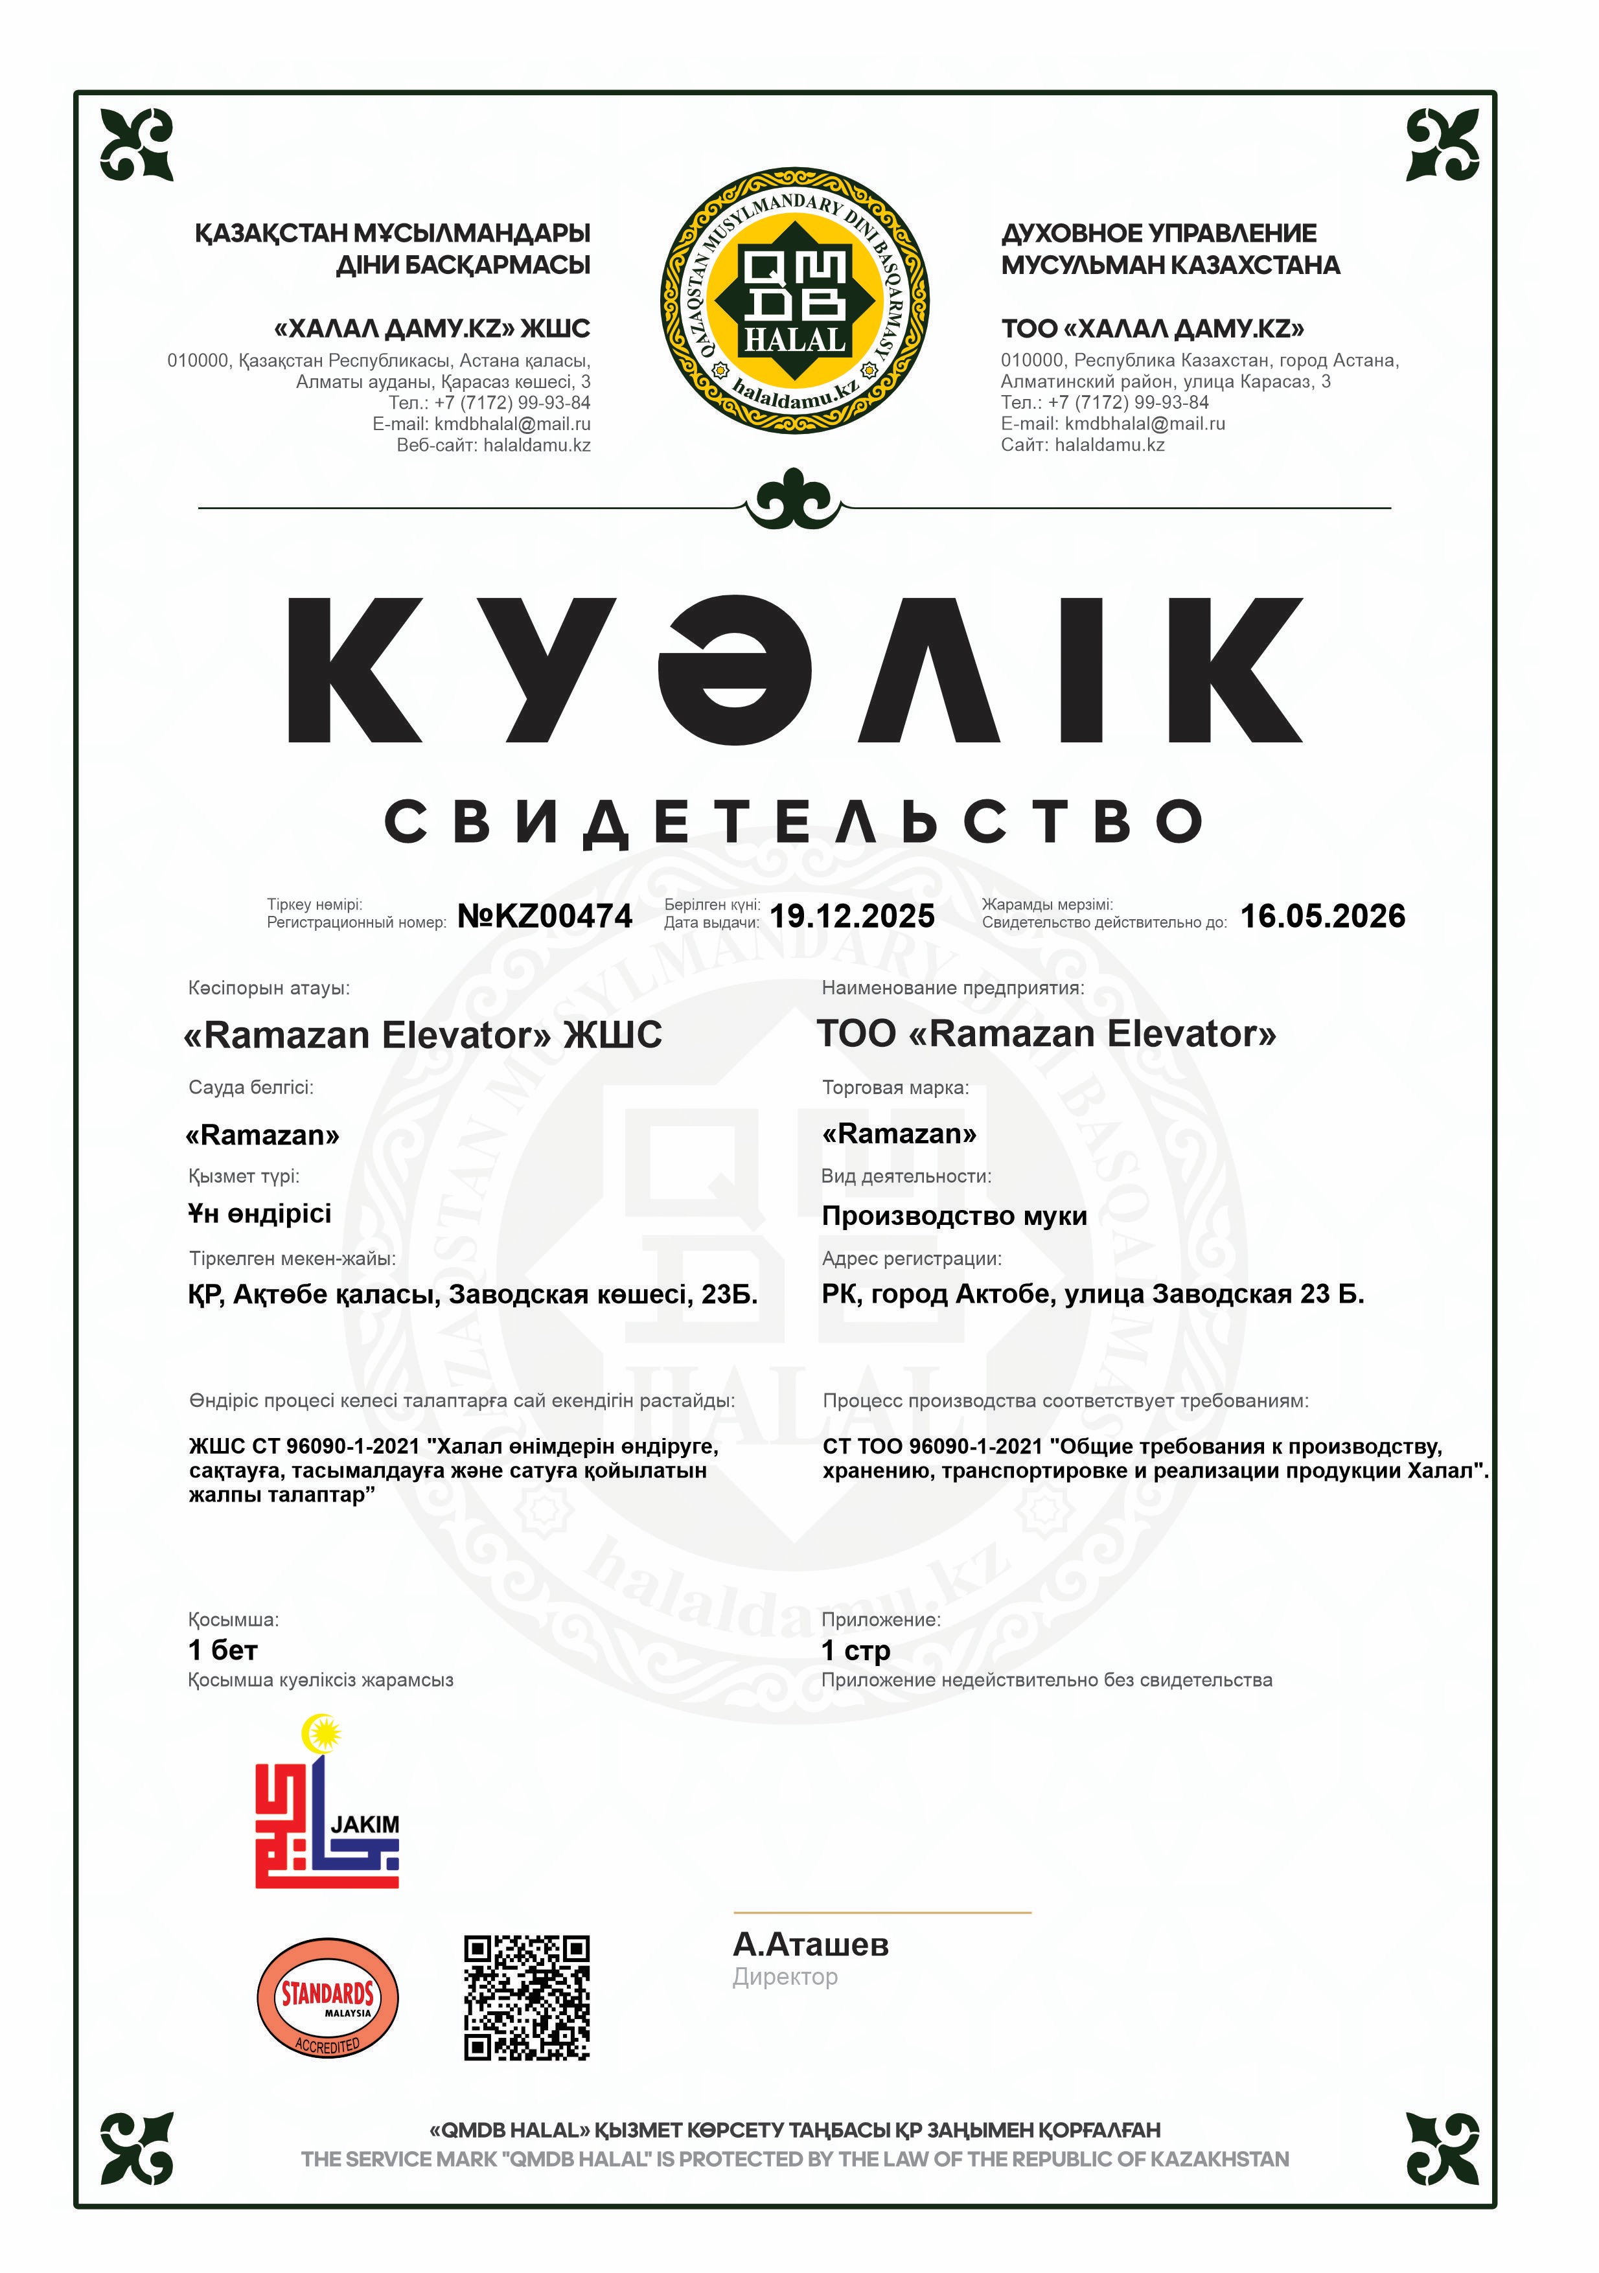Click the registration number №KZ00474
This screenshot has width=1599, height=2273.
coord(544,916)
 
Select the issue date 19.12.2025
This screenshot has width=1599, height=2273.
coord(851,916)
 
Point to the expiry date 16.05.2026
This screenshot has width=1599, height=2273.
coord(1323,916)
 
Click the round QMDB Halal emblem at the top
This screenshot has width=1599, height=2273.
coord(795,300)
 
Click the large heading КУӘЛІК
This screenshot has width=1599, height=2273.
coord(795,670)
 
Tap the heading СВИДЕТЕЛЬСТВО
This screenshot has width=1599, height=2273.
coord(795,821)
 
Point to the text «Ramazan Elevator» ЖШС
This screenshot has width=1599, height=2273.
coord(423,1034)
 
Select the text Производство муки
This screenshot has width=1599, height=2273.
coord(954,1216)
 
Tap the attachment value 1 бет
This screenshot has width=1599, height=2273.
coord(223,1650)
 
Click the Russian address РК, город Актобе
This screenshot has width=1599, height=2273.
coord(1092,1294)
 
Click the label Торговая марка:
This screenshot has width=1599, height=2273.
coord(895,1087)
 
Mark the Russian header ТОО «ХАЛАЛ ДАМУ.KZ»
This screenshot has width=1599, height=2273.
coord(1153,328)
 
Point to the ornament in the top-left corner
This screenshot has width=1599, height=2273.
coord(137,144)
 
